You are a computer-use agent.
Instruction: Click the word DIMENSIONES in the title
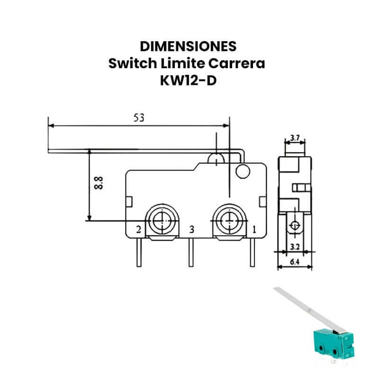tap(188, 46)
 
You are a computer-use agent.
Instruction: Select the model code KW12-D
tap(188, 81)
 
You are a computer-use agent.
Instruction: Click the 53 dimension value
tap(139, 117)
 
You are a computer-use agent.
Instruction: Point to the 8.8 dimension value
tap(99, 183)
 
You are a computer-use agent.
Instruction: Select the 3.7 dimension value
tap(295, 138)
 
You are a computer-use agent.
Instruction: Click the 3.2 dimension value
tap(295, 247)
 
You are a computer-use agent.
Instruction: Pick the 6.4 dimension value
tap(295, 262)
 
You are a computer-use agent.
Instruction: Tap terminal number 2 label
tap(138, 229)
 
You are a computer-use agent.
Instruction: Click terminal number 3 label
tap(191, 229)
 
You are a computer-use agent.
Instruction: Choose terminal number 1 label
tap(254, 229)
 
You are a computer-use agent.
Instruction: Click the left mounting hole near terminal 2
tap(162, 221)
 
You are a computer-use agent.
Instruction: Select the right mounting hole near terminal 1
tap(229, 221)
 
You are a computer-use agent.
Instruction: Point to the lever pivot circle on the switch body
tap(243, 171)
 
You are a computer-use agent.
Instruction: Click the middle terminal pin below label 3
tap(191, 253)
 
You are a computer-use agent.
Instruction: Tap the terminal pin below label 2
tap(139, 253)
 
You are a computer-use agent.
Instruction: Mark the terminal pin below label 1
tap(253, 253)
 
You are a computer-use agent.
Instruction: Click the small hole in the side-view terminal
tap(295, 226)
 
